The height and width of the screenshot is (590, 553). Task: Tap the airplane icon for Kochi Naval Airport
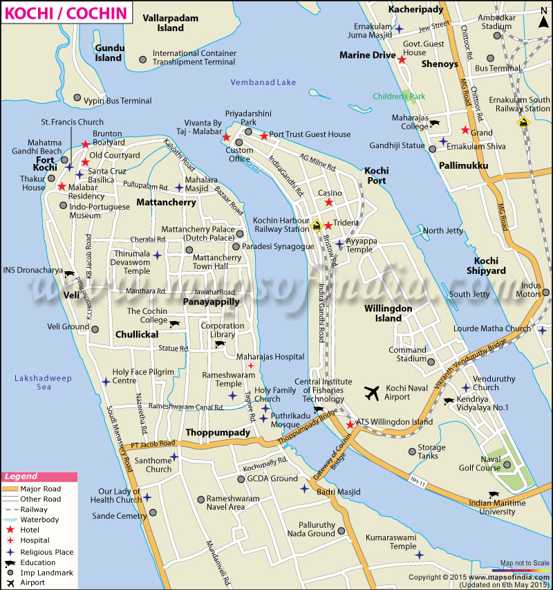coord(372,394)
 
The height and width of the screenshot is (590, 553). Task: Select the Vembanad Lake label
coord(263,82)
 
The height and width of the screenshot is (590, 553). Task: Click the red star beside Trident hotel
coord(328,225)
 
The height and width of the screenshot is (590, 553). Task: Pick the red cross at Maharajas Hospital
coord(250,366)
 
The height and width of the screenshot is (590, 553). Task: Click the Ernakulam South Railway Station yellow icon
coord(523,124)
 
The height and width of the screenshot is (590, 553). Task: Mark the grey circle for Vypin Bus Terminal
coord(77,98)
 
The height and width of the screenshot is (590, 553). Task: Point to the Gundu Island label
coord(109,53)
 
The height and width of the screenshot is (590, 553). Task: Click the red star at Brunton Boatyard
coord(85,144)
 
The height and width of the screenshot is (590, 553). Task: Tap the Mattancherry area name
coord(166,203)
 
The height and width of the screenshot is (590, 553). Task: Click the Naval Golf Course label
coord(480,463)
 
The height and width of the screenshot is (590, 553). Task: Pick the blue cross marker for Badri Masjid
coord(304,489)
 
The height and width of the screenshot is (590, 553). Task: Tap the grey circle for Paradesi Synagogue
coord(236,246)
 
